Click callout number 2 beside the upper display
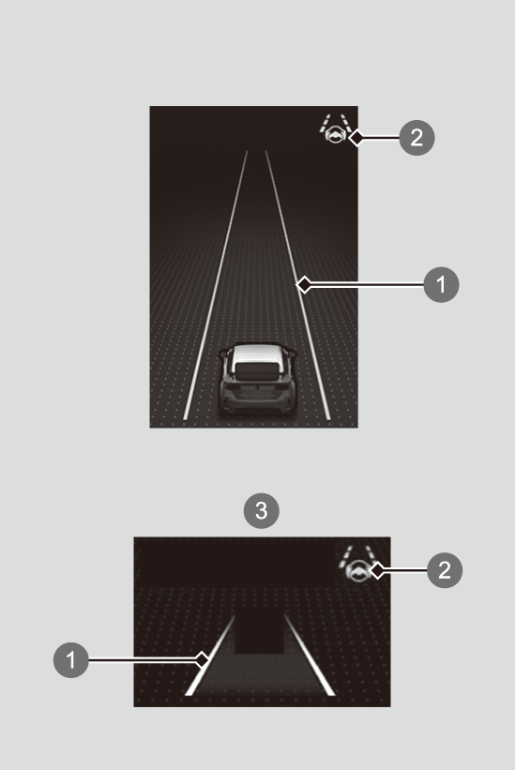(x=417, y=138)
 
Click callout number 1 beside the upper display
(x=441, y=284)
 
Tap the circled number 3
(x=262, y=511)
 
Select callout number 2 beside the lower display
(x=445, y=569)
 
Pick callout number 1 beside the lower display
(x=71, y=660)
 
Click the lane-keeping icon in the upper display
(x=335, y=129)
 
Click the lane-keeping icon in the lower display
(x=357, y=565)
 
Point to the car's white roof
(x=258, y=354)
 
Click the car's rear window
(x=257, y=371)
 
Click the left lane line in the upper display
(x=215, y=285)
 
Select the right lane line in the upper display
(x=297, y=285)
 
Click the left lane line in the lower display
(x=209, y=655)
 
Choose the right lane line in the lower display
(x=310, y=655)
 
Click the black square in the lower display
(x=259, y=631)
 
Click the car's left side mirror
(x=223, y=353)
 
